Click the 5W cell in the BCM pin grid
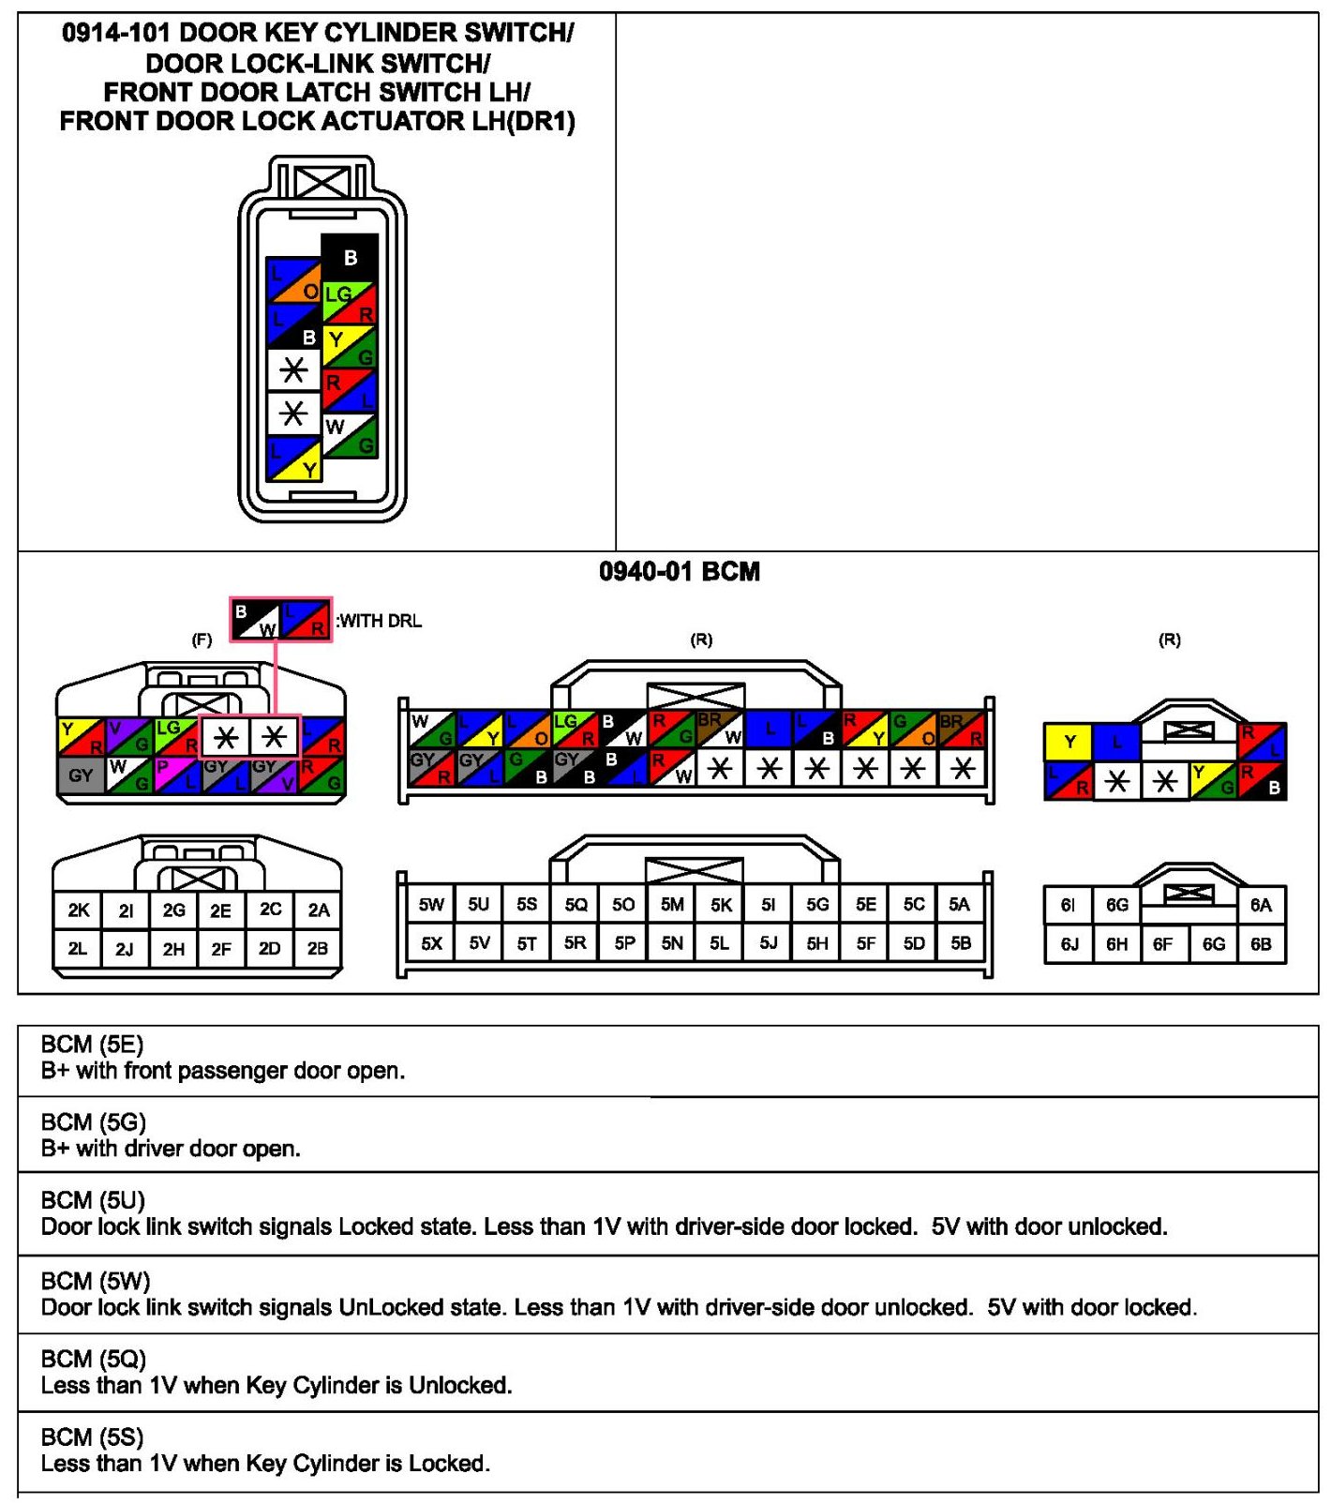(x=431, y=905)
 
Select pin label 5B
(x=961, y=943)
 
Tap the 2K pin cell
(x=79, y=910)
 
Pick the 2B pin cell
(x=318, y=949)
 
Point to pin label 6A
(x=1261, y=905)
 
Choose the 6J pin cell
(x=1069, y=944)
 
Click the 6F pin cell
(x=1162, y=944)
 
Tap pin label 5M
(x=672, y=905)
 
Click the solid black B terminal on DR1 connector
(x=350, y=257)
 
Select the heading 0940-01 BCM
(x=680, y=572)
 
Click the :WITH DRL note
(x=380, y=621)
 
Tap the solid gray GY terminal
(x=81, y=775)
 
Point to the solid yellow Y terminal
(x=1069, y=742)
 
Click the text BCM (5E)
(x=92, y=1045)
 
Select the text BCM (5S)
(x=92, y=1437)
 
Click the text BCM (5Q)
(x=93, y=1360)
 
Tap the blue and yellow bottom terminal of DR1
(x=294, y=459)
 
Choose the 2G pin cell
(x=173, y=910)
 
